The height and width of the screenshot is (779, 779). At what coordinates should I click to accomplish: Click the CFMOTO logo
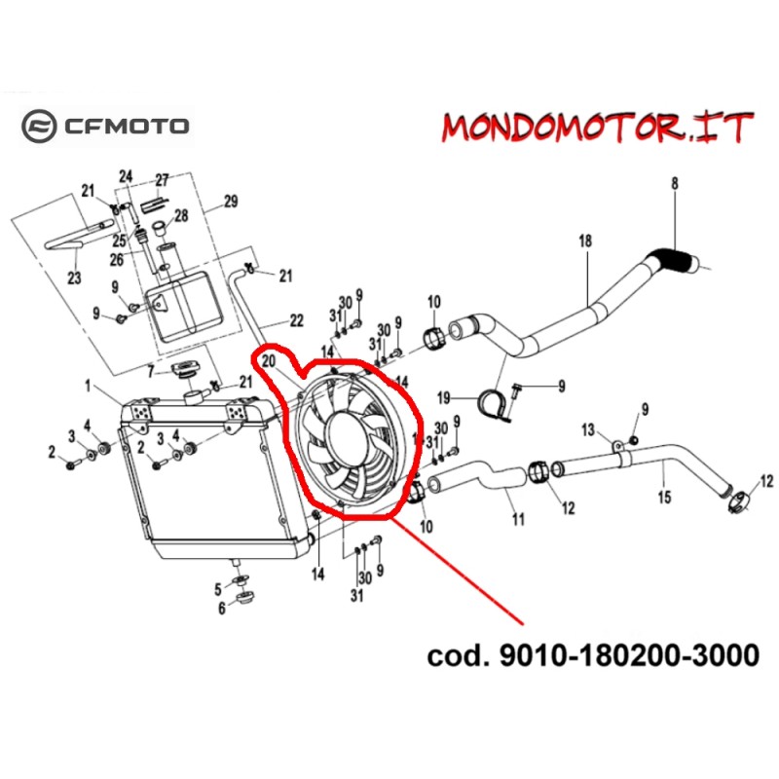tap(106, 125)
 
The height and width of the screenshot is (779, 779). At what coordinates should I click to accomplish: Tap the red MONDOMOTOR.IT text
tap(598, 128)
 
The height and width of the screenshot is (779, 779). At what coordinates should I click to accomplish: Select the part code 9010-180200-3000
tap(592, 655)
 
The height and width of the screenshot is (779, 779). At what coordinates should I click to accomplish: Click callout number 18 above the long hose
tap(585, 241)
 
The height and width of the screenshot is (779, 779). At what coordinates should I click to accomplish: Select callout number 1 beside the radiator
tap(89, 387)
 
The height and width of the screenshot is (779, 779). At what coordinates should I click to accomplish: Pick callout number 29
tap(231, 203)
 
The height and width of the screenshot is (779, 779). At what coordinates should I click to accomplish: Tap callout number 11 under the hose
tap(518, 519)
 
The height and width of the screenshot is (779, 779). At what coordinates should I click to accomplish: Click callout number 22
tap(296, 320)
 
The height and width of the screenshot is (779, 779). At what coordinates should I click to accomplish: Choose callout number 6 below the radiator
tap(221, 609)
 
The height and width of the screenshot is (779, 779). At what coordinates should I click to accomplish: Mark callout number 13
tap(587, 429)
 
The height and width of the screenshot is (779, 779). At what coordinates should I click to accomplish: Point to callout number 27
tap(162, 180)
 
